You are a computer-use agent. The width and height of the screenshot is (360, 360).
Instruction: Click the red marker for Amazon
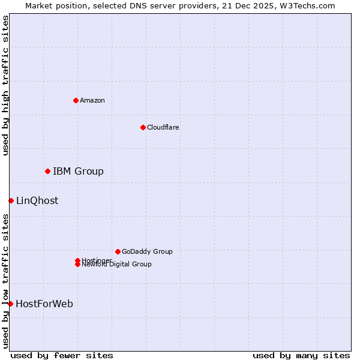click(76, 100)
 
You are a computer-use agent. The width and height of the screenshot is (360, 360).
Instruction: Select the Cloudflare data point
click(143, 127)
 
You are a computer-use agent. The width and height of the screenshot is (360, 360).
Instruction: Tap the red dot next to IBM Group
click(47, 171)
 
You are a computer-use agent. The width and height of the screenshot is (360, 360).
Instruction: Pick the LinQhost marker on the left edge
click(11, 200)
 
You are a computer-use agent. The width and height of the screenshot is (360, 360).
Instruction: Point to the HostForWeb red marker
click(11, 304)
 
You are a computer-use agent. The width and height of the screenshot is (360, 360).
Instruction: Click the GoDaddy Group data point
click(118, 251)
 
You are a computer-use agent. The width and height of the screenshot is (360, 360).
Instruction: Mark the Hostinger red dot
click(77, 260)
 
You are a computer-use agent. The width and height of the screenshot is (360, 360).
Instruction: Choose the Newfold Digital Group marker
click(77, 265)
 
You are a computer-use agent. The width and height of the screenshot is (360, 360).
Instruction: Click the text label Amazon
click(92, 100)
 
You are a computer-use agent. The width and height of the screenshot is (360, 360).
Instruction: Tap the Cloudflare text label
click(163, 127)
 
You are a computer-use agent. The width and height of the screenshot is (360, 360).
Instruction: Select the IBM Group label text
click(78, 172)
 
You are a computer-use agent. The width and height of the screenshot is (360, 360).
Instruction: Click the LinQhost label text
click(37, 201)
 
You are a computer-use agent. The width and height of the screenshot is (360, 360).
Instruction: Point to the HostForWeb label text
click(44, 304)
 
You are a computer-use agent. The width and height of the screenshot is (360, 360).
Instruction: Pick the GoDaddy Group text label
click(147, 251)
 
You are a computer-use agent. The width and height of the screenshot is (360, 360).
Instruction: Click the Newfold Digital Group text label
click(116, 265)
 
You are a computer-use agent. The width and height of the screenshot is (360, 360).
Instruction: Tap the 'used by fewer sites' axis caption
click(62, 355)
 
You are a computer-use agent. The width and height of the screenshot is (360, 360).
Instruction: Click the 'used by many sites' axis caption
click(301, 355)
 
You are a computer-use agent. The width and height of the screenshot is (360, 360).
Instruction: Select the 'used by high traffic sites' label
click(5, 85)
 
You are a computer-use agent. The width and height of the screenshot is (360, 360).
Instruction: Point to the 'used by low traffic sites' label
click(5, 281)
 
